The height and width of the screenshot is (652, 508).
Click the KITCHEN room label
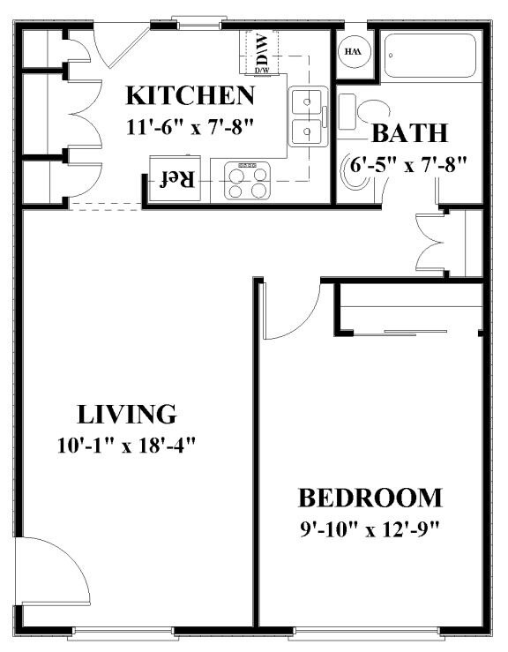190,95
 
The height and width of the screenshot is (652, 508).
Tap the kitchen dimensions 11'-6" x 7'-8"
190,126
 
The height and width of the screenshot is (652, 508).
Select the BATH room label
409,133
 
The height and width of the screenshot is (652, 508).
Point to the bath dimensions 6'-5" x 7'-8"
408,165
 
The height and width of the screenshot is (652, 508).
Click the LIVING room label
127,414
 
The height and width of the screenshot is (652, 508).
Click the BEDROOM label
370,498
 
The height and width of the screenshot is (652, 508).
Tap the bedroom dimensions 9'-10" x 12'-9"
370,529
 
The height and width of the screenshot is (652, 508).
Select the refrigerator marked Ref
175,179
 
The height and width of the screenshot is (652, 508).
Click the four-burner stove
247,180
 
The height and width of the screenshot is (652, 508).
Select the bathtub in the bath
430,56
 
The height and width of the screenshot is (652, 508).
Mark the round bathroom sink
355,172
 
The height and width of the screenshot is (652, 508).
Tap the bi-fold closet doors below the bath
430,243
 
